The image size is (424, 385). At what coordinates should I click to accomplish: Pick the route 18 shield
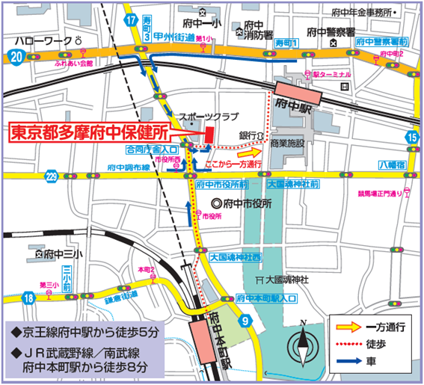click(27, 298)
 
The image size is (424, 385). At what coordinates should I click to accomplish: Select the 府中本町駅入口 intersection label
click(265, 298)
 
